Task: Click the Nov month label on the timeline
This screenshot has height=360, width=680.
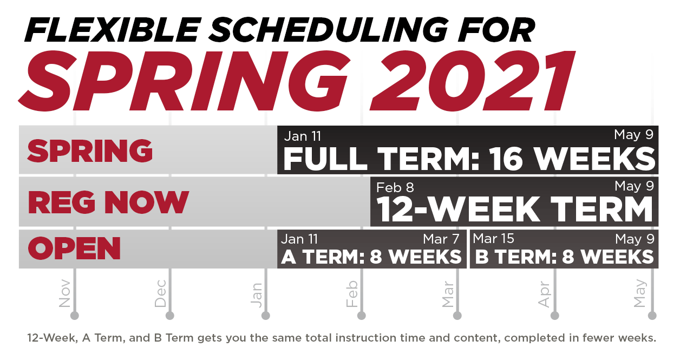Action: point(64,293)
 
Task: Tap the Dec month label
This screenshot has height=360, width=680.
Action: point(160,293)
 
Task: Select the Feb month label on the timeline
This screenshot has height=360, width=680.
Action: point(352,294)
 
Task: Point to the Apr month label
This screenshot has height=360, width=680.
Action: point(544,294)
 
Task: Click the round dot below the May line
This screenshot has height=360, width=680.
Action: point(652,316)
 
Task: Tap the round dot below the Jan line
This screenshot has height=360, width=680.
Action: point(266,316)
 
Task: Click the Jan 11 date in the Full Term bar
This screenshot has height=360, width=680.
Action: point(303,136)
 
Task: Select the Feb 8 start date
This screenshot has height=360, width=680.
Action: point(395,188)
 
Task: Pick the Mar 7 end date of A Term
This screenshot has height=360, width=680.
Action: point(441,239)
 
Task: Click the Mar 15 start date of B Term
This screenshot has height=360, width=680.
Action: point(494,239)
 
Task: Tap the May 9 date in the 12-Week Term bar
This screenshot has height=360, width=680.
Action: point(634,186)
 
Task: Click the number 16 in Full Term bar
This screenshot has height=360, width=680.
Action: point(506,159)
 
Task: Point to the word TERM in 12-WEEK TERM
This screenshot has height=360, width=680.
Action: point(601,210)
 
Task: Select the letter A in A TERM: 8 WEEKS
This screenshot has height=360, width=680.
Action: point(289,257)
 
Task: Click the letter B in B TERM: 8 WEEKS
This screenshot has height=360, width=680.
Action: point(482,257)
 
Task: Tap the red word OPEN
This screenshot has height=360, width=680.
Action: point(74,248)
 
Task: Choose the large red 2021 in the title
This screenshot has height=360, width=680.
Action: point(472,81)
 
